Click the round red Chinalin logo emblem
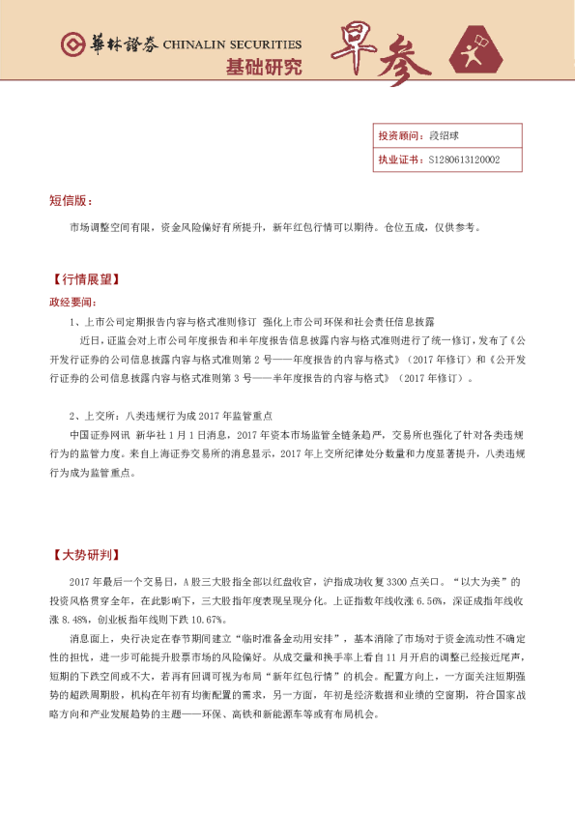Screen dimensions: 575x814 tap(72, 44)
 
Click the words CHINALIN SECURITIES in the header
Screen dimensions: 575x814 tap(232, 45)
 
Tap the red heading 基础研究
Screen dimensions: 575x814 tap(263, 68)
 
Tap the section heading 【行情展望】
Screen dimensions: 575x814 tap(86, 279)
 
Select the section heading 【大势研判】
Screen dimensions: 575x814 tap(86, 555)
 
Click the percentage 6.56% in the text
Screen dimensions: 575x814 tap(431, 600)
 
